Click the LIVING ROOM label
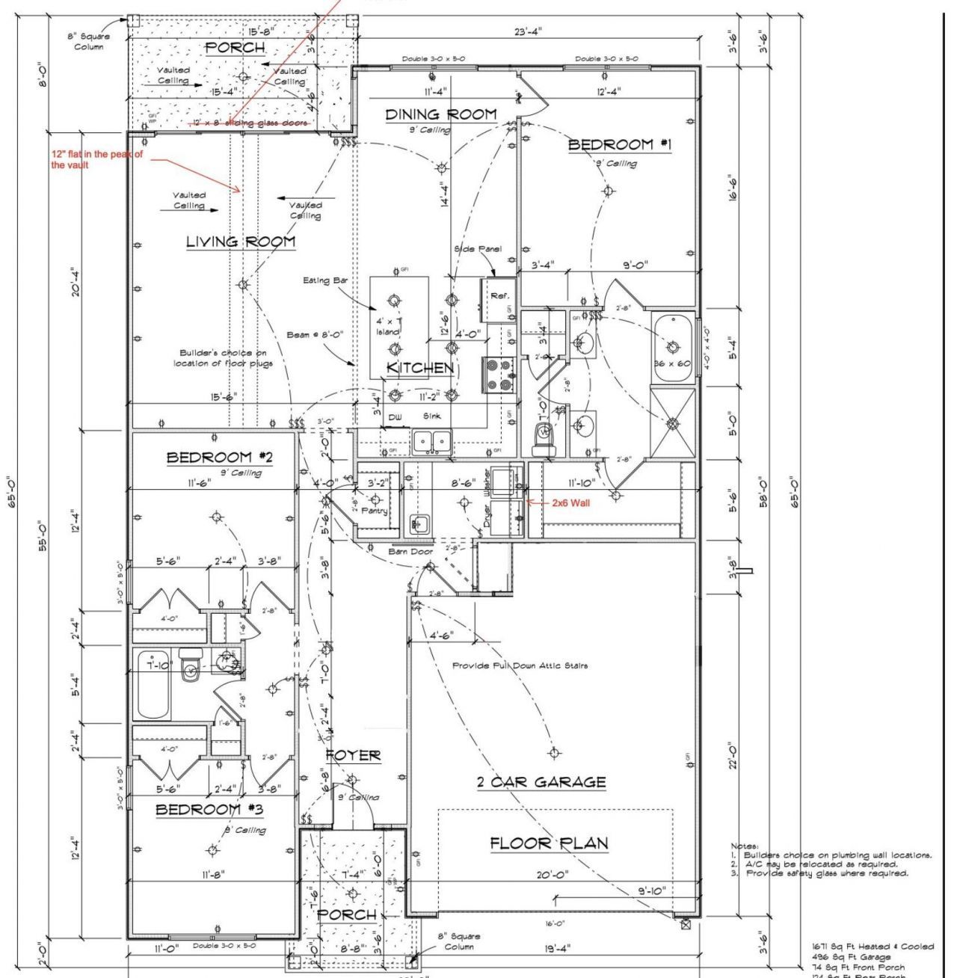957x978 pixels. click(x=240, y=242)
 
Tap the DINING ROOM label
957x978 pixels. click(x=440, y=114)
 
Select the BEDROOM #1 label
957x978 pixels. click(x=621, y=145)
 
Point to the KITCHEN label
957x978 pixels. click(x=419, y=368)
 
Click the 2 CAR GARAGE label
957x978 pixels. click(x=541, y=782)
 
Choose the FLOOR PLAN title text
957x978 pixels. click(x=549, y=843)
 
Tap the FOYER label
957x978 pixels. click(x=353, y=756)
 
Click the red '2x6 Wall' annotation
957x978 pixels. click(x=570, y=503)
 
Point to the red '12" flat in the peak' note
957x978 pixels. click(x=96, y=159)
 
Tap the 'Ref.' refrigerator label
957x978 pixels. click(x=499, y=296)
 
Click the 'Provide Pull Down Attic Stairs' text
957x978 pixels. click(x=520, y=665)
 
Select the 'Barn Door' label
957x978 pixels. click(x=410, y=552)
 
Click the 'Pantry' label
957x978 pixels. click(x=374, y=511)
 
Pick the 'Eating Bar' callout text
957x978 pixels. click(x=326, y=280)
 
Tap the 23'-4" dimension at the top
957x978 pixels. click(x=528, y=31)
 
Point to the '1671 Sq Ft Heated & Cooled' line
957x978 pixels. click(x=873, y=947)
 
